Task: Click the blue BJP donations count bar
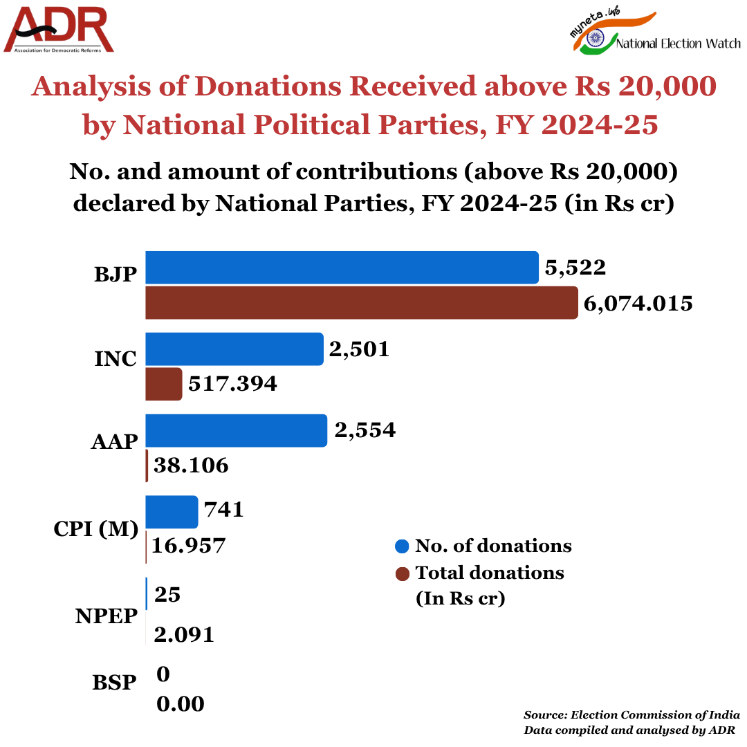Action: pos(342,268)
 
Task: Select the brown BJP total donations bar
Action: pos(361,303)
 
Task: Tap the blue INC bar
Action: pos(234,349)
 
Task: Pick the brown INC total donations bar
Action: pos(164,384)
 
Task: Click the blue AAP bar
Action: pos(236,430)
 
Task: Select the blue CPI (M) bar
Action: pos(172,512)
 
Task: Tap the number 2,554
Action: pos(365,430)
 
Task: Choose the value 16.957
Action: pos(189,546)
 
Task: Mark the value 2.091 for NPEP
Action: pos(184,634)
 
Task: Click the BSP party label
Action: pos(114,683)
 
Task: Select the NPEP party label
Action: pos(107,616)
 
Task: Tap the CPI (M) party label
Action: pos(96,529)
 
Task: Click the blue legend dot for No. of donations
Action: pos(402,546)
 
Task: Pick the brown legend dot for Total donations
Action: pos(402,573)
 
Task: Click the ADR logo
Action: pos(59,29)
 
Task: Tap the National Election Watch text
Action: pos(678,44)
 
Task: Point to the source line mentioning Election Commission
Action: pos(631,714)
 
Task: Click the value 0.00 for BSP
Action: pos(181,704)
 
